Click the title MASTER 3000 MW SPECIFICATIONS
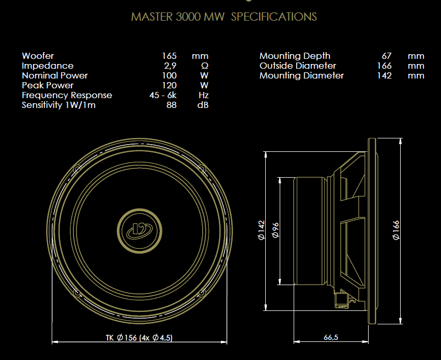pos(224,17)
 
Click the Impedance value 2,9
pos(170,66)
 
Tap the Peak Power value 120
pos(169,85)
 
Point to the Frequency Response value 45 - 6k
pos(163,95)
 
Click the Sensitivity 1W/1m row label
pos(58,105)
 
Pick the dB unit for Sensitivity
pos(203,105)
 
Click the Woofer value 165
pos(169,56)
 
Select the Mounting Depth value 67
pos(386,56)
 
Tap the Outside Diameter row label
pos(298,66)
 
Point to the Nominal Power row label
pos(55,75)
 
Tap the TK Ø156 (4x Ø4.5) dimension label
pos(139,338)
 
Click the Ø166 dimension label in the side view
pos(397,230)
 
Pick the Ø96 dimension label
pos(276,230)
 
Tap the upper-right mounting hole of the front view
pos(201,168)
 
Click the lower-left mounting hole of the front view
pos(78,293)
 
